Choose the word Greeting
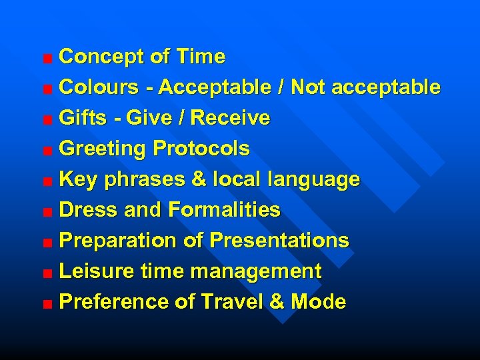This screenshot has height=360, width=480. point(104,149)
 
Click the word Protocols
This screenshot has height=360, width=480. point(201,149)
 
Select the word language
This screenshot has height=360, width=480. point(313,179)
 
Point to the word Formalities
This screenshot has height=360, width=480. point(224,210)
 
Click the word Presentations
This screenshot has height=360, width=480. point(279,241)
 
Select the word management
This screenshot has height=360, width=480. point(256,271)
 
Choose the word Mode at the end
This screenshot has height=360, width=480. point(318,302)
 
